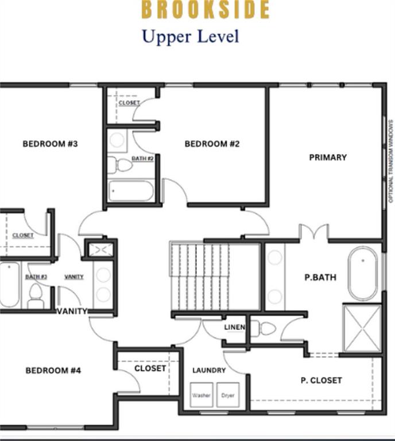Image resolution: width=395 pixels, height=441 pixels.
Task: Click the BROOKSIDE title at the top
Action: coord(205,10)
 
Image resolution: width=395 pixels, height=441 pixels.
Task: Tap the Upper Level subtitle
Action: coord(190,37)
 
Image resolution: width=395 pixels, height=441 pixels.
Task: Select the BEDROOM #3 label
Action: coord(50,144)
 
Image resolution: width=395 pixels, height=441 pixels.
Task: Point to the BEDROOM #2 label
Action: coord(212,144)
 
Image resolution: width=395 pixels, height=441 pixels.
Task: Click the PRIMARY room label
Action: coord(328,157)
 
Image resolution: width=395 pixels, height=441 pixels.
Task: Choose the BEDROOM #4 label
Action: coord(53,370)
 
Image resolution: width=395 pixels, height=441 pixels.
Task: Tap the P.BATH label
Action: coord(320,277)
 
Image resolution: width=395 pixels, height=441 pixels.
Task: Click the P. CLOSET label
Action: coord(321,380)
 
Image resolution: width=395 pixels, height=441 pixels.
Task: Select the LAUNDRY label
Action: coord(209,370)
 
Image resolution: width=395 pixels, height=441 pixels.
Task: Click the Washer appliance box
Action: coord(202,395)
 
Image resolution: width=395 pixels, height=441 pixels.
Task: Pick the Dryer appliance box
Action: coord(228,395)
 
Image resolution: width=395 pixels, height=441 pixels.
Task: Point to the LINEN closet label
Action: coord(234,327)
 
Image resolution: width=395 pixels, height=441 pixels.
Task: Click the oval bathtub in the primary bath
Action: coord(363,274)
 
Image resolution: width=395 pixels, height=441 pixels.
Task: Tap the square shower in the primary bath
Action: coord(362,328)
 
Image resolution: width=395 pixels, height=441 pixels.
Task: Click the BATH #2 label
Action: coord(142,158)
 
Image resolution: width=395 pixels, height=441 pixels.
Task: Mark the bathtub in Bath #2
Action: coord(131,191)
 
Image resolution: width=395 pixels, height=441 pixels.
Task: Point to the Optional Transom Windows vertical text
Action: coord(391,161)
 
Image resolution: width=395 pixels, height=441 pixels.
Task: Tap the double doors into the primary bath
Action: coord(313,232)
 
